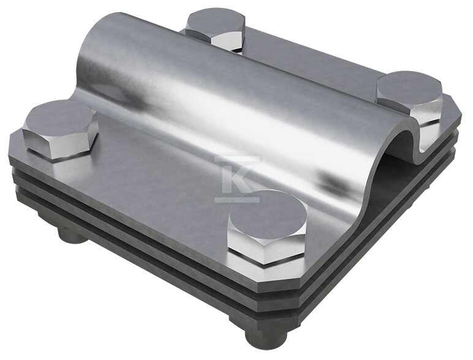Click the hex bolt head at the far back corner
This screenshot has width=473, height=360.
click(215, 31)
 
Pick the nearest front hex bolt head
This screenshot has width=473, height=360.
click(268, 228)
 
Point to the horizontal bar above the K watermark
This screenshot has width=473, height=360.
click(237, 158)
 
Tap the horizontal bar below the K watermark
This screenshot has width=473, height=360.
click(237, 200)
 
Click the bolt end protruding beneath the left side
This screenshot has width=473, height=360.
click(72, 236)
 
